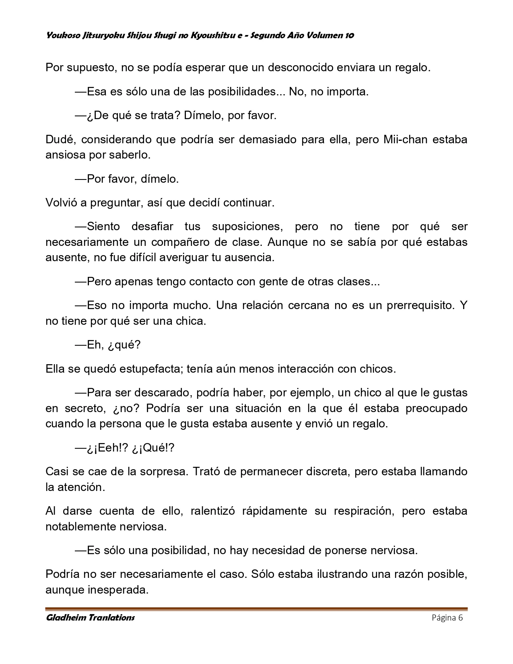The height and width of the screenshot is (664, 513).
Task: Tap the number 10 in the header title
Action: point(349,35)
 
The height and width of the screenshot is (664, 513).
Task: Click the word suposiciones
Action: point(247,227)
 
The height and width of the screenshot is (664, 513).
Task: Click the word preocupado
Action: point(436,408)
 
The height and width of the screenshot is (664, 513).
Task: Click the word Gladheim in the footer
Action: point(65,618)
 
